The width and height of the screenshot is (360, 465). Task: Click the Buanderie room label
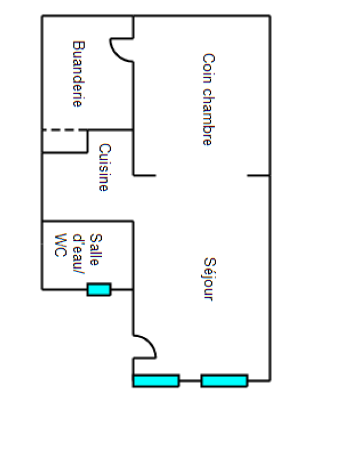coord(77,74)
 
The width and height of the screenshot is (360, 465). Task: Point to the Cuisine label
coord(104,167)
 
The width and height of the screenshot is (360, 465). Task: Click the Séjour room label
coord(208,279)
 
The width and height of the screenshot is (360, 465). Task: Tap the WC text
coord(60,245)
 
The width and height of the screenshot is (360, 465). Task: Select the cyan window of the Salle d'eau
coord(99,290)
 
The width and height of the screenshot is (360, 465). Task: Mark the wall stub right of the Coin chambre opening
coord(258,176)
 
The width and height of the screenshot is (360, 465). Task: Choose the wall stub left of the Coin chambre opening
coord(145,176)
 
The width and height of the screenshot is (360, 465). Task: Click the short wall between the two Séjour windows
coord(190,380)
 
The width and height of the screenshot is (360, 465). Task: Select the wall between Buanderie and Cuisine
coord(110,130)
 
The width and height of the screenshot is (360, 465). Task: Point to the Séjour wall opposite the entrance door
coord(270,280)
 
